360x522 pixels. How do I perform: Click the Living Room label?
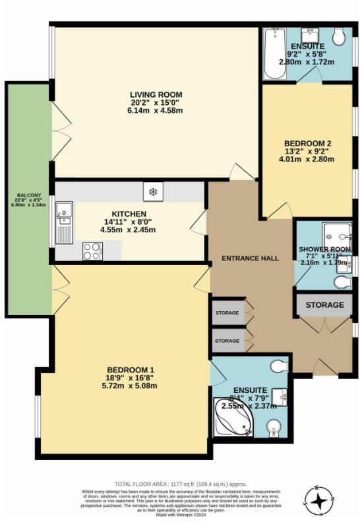[156, 95]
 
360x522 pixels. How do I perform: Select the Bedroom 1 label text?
[131, 370]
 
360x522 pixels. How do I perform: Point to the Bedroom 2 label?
[307, 143]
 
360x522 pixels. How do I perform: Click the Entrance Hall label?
[250, 258]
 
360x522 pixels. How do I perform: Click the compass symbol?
[319, 500]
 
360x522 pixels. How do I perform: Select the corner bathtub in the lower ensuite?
[233, 417]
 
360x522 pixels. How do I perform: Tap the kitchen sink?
[64, 212]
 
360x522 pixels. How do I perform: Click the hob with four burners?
[92, 251]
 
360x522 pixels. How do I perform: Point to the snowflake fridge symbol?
[152, 192]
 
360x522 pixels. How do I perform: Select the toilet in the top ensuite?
[339, 38]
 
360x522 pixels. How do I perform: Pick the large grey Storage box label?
[324, 305]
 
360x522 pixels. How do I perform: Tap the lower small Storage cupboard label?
[227, 341]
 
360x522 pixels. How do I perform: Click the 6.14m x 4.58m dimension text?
[156, 110]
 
